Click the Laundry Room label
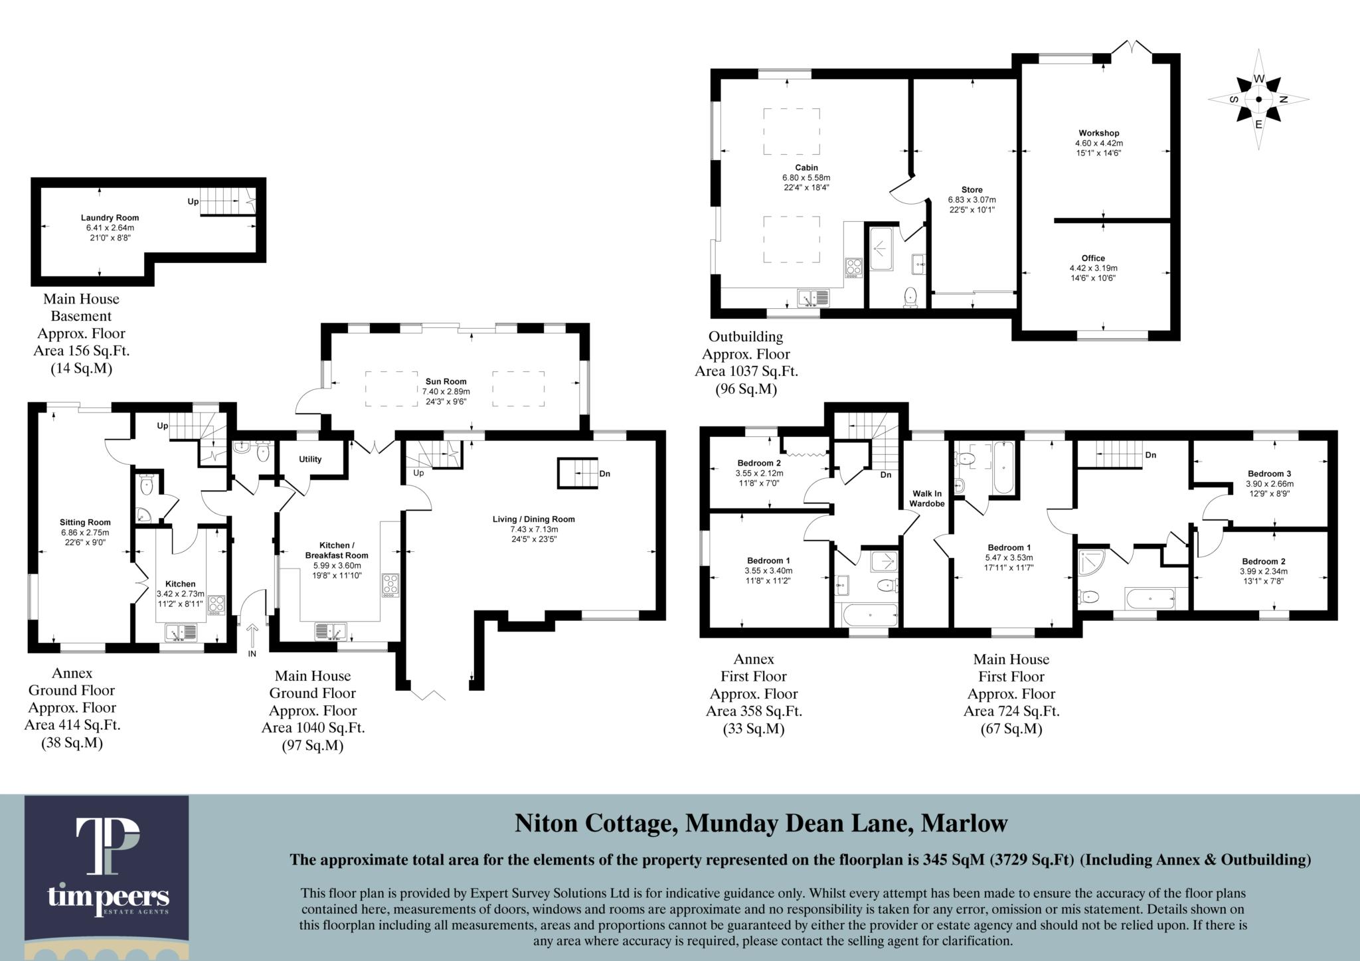(110, 218)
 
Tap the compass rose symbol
(1258, 99)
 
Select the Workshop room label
(1099, 133)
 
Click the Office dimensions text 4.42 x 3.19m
(1093, 268)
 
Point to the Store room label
(972, 190)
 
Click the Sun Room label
(446, 382)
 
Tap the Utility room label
(310, 459)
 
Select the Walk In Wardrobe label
(926, 498)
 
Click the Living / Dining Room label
(533, 519)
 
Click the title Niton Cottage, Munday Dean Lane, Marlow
(761, 824)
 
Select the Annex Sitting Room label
(85, 522)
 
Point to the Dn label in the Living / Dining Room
(604, 474)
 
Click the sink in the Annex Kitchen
(181, 631)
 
